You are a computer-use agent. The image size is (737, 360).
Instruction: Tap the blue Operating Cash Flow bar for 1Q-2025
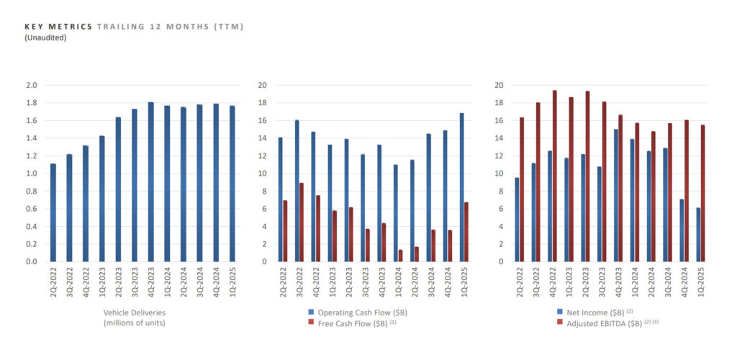point(461,187)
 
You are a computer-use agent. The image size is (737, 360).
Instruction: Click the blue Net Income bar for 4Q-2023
point(616,195)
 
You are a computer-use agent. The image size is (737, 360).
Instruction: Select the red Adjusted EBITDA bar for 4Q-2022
point(554,176)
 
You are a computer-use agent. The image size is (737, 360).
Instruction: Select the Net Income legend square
point(561,312)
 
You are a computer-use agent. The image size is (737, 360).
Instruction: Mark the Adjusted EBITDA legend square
point(561,323)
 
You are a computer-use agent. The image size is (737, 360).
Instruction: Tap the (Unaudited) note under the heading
point(45,37)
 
